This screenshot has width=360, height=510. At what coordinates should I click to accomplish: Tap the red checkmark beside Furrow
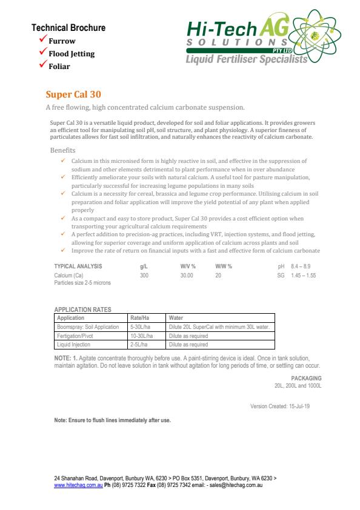(x=43, y=40)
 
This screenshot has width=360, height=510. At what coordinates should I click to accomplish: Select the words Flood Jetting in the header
(x=72, y=53)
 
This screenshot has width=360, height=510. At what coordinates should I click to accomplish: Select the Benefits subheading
(x=62, y=150)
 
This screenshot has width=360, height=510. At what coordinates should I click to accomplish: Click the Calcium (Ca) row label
(x=67, y=276)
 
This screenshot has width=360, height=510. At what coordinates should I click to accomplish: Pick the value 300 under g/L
(x=144, y=276)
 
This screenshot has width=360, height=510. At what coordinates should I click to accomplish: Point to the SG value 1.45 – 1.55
(x=304, y=276)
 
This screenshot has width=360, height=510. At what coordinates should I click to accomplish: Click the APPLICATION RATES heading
(x=82, y=310)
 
